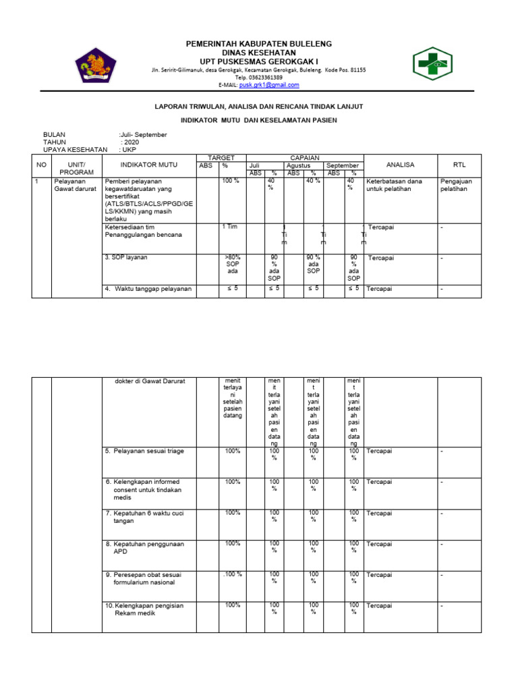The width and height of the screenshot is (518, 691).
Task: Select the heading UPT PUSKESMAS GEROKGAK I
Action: [259, 61]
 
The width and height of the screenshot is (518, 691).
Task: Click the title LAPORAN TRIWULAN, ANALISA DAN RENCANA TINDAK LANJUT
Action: [259, 107]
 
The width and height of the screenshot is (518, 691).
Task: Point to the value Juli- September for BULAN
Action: [143, 134]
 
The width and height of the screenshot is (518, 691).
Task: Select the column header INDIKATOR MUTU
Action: [148, 165]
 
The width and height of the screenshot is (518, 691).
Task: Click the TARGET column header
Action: [221, 157]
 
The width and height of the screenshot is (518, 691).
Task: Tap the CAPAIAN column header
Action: [305, 157]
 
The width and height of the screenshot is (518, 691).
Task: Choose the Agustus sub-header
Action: [299, 165]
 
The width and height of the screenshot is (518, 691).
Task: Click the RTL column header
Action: [459, 165]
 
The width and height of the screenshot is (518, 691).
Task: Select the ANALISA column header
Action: [401, 165]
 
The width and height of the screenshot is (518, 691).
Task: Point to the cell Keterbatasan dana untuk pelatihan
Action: [394, 185]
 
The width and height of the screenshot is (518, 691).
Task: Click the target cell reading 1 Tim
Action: [230, 227]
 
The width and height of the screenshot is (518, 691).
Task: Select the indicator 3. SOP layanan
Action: [126, 258]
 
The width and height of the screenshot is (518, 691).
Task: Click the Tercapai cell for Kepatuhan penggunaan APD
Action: [379, 544]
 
